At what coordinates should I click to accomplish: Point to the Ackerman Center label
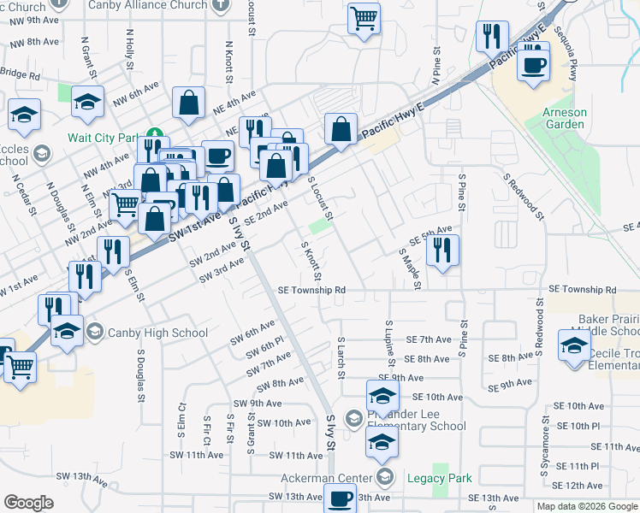[x=331, y=477]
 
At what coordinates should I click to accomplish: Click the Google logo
[x=28, y=503]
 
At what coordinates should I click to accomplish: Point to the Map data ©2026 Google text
[x=587, y=506]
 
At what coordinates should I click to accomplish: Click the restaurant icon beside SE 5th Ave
[x=441, y=251]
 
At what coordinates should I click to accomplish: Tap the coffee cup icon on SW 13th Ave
[x=340, y=498]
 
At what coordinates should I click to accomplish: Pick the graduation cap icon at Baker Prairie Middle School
[x=572, y=346]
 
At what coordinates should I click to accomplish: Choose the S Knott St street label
[x=311, y=262]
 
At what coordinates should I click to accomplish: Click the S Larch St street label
[x=341, y=358]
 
